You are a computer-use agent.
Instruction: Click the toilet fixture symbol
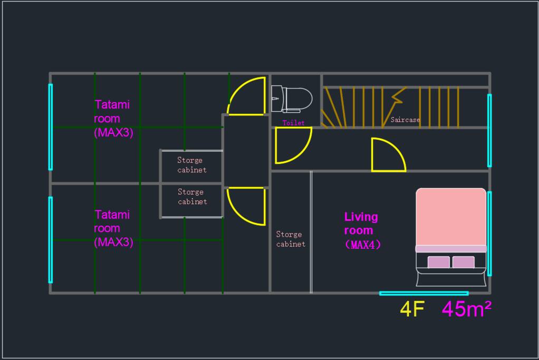click(x=292, y=99)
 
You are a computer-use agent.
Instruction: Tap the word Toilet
click(x=293, y=123)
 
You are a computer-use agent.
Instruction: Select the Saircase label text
click(x=405, y=120)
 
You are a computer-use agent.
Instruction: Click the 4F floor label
click(x=412, y=309)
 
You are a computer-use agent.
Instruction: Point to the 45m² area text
click(x=466, y=308)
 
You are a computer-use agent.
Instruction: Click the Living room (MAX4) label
click(x=362, y=230)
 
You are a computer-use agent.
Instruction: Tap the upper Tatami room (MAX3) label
click(x=113, y=119)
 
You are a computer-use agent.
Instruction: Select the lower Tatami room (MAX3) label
click(x=113, y=228)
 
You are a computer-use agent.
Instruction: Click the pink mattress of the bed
click(x=451, y=217)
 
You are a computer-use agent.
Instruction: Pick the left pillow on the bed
click(x=439, y=262)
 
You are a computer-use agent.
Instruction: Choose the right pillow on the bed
click(x=464, y=262)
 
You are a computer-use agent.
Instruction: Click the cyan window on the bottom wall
click(x=424, y=294)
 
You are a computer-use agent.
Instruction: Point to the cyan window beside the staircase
click(x=489, y=131)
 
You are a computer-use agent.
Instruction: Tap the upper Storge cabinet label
click(x=192, y=165)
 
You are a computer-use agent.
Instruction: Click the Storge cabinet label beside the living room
click(x=291, y=239)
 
